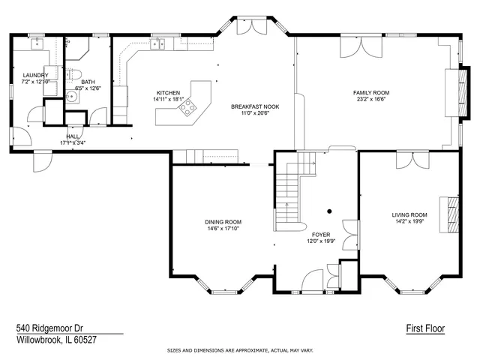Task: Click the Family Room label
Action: pos(371,93)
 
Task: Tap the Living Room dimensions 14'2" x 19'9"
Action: pos(409,221)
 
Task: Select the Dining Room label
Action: pos(223,222)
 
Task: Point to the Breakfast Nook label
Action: pos(255,106)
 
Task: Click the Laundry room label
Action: pos(35,75)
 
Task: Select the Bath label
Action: pos(88,82)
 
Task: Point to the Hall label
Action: pos(73,136)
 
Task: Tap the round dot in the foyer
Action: pos(328,211)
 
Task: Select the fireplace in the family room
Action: pos(452,93)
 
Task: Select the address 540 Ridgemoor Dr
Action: pos(49,328)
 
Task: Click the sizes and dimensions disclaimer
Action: pos(240,350)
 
